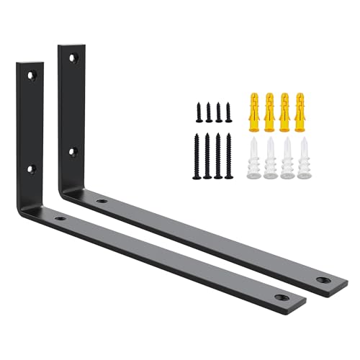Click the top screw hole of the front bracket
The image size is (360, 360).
pyautogui.click(x=30, y=75)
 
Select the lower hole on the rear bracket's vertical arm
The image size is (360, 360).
pyautogui.click(x=72, y=152)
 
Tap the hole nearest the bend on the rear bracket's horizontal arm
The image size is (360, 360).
pyautogui.click(x=102, y=200)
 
